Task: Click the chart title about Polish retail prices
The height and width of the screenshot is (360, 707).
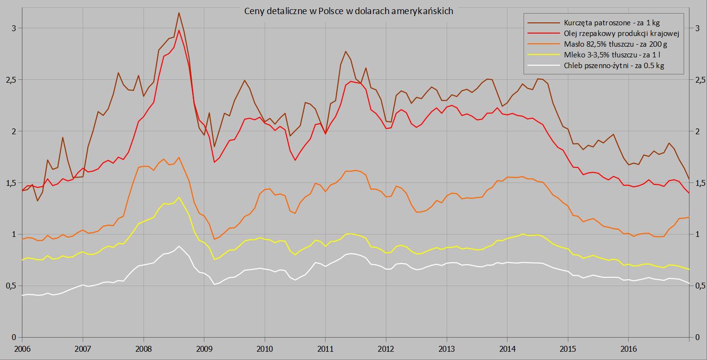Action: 349,11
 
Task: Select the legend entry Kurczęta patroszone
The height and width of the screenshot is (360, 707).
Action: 612,22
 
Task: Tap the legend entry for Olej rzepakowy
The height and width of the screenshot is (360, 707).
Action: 621,33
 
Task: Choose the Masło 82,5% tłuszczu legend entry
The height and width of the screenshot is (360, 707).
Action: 615,44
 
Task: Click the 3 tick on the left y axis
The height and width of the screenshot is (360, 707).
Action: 14,28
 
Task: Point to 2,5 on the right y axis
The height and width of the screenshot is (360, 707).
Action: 698,79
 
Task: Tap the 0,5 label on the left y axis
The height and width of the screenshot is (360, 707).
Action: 11,286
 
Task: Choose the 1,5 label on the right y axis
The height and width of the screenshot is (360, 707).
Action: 698,183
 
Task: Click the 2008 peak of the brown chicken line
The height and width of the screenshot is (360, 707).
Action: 179,13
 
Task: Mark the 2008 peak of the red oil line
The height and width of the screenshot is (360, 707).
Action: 179,30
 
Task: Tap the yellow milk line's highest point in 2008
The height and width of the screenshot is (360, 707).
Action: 179,197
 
